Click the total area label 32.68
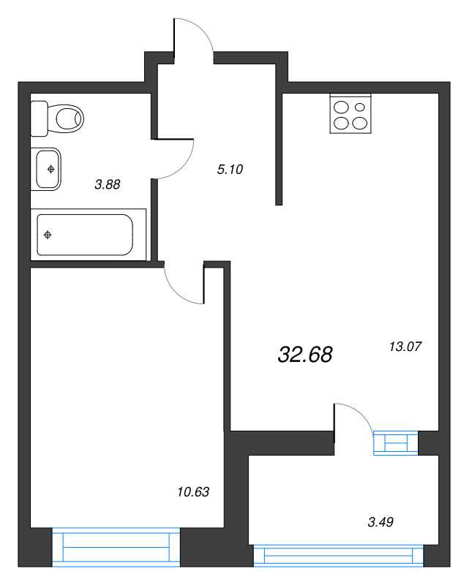point(305,355)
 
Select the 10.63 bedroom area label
point(194,492)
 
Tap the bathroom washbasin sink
point(47,169)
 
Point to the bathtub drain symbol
point(48,235)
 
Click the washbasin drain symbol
point(50,169)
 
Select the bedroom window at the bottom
point(116,546)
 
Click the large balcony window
point(339,556)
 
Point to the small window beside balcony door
point(395,443)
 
